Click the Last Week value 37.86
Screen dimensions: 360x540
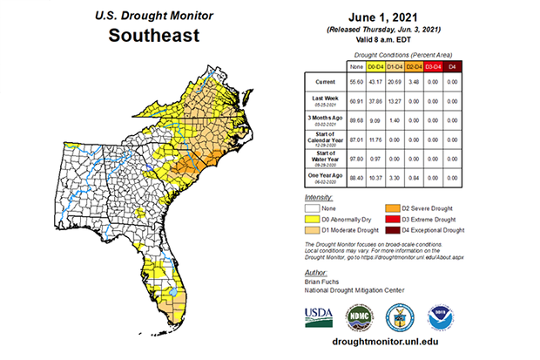377,100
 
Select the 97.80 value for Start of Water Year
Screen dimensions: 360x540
354,159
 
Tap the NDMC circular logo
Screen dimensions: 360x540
361,316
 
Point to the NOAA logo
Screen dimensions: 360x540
441,316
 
